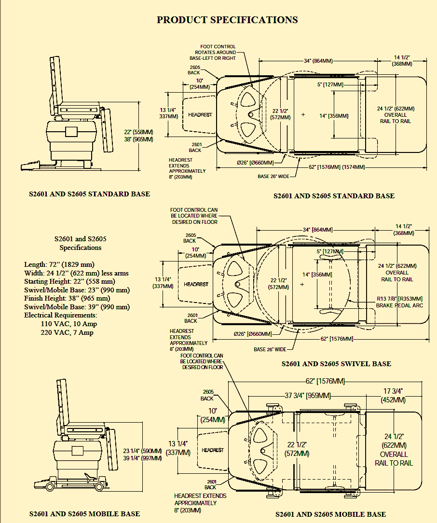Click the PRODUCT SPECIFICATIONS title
click(x=227, y=20)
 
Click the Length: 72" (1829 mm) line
click(x=59, y=264)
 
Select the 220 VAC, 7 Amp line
click(x=67, y=332)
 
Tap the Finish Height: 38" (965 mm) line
click(x=67, y=298)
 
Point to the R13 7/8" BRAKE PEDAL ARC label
click(x=399, y=302)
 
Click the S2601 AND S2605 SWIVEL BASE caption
click(x=336, y=363)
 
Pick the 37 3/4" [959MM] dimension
click(x=307, y=396)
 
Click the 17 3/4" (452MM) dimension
click(x=393, y=396)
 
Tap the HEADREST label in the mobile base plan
click(x=213, y=450)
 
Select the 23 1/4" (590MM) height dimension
click(x=142, y=451)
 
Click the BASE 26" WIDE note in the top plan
click(x=273, y=177)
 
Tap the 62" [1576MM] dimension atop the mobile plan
click(x=325, y=381)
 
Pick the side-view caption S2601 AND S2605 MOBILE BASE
click(x=84, y=514)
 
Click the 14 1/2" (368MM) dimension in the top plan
click(x=402, y=61)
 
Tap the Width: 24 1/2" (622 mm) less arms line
click(x=76, y=273)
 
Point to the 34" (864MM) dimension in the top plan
click(x=318, y=61)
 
